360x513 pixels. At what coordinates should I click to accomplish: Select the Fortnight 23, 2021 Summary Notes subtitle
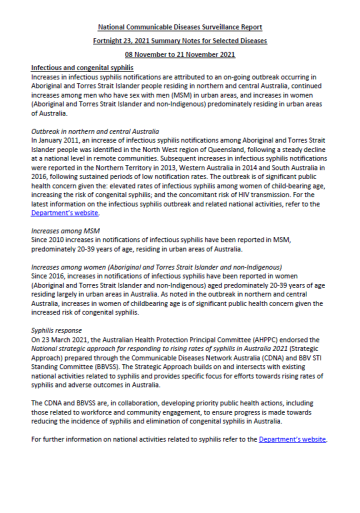[180, 34]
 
